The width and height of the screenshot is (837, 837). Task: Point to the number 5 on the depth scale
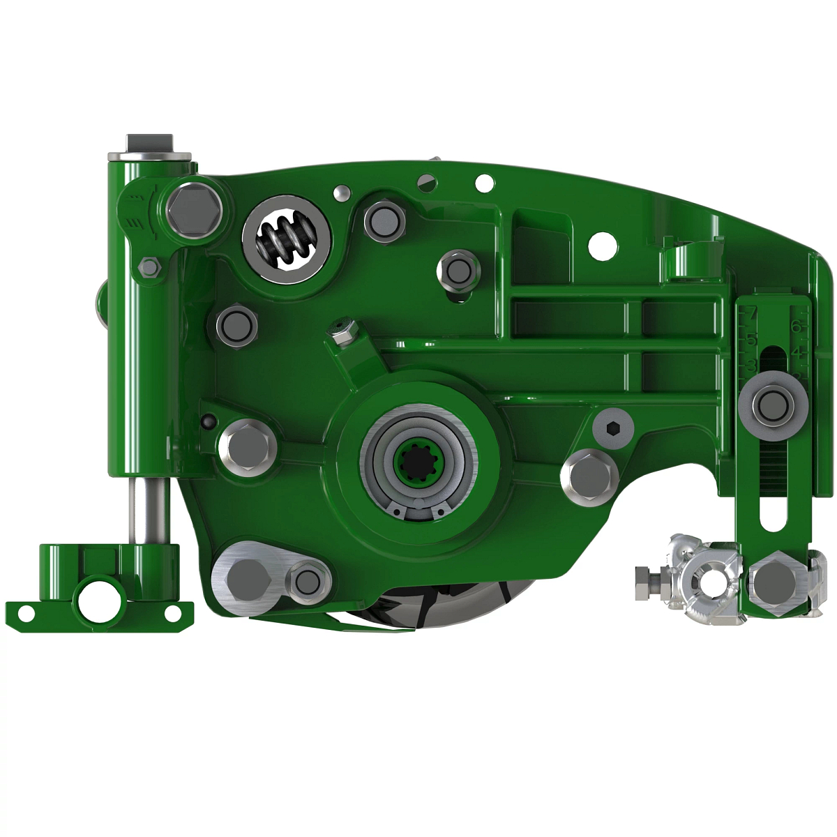751,340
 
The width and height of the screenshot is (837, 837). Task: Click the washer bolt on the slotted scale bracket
773,402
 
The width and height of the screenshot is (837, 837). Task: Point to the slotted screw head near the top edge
427,181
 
